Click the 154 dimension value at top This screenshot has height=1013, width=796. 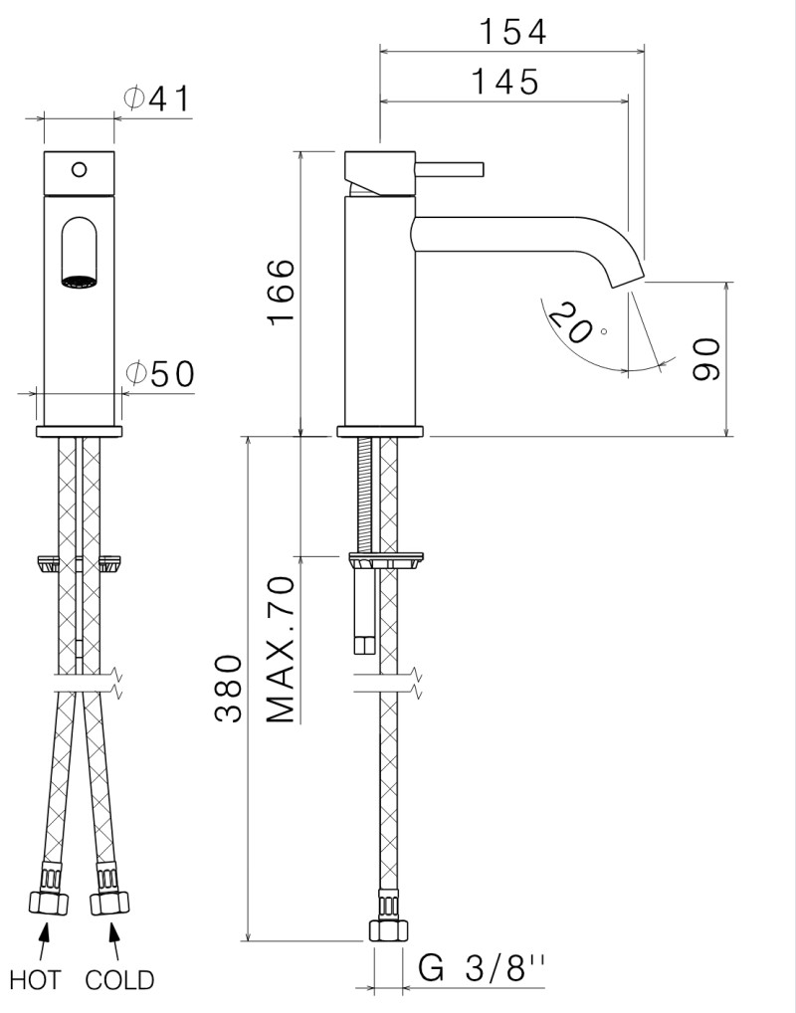[x=512, y=32]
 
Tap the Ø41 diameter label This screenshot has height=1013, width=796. [x=156, y=99]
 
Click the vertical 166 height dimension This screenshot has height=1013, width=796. [x=282, y=291]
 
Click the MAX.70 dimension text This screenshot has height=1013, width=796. [x=282, y=649]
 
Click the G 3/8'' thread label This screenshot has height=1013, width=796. [x=482, y=968]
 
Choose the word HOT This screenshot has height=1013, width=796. [x=35, y=980]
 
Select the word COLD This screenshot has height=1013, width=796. [x=119, y=980]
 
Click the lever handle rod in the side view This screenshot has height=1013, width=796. [x=450, y=166]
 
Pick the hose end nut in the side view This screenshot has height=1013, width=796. [x=388, y=929]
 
